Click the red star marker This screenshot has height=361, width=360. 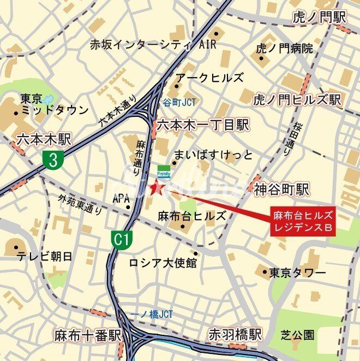(157, 189)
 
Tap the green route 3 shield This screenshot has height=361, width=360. (53, 159)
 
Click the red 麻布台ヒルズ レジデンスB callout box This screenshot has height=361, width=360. (302, 220)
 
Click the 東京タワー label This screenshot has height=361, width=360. (297, 272)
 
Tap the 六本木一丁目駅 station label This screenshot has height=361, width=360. (202, 126)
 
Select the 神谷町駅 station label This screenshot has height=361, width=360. (281, 190)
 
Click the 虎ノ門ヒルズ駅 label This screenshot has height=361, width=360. (297, 99)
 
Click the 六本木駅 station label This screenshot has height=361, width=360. (44, 139)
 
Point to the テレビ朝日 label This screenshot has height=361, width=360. (45, 256)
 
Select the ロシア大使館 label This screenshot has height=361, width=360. (163, 263)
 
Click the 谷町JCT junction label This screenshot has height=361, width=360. (179, 102)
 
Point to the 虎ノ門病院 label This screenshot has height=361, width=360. (284, 48)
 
